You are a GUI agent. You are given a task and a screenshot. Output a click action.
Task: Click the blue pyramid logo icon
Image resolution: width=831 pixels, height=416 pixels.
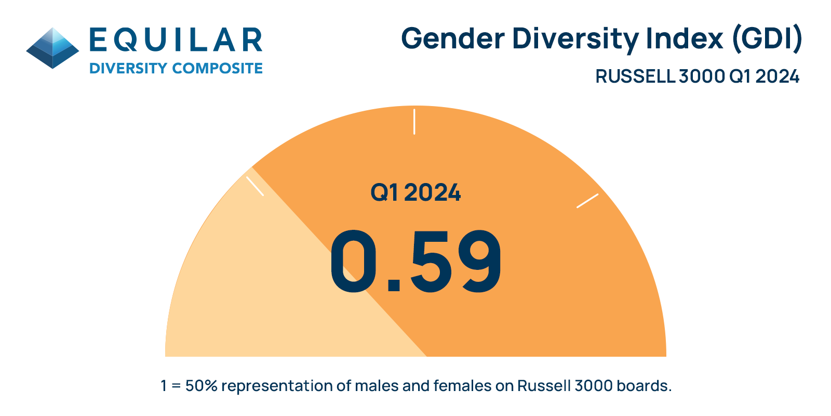(x=52, y=48)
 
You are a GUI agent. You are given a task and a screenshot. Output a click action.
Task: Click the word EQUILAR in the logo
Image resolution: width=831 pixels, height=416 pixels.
(x=176, y=41)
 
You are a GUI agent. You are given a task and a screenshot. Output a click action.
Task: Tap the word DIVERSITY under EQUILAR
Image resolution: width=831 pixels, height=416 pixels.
(x=128, y=69)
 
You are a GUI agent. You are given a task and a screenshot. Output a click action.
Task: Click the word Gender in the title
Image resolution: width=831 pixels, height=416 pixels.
(x=453, y=39)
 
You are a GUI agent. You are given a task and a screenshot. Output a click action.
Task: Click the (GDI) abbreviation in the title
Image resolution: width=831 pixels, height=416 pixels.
(x=767, y=39)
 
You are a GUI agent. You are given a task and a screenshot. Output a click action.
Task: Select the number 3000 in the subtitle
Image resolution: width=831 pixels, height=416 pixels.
(x=702, y=76)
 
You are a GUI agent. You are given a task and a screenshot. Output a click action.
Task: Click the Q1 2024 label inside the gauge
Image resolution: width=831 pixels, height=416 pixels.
(x=415, y=193)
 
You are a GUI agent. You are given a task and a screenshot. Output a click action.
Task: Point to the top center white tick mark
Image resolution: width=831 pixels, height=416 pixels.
(x=414, y=122)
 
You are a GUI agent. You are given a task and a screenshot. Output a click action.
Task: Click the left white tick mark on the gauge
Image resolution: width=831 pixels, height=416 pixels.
(x=255, y=186)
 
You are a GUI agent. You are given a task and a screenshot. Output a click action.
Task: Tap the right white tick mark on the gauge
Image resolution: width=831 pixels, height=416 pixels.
(x=587, y=201)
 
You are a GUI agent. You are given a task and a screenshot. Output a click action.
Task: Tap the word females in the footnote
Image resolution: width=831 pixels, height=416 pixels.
(x=462, y=386)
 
